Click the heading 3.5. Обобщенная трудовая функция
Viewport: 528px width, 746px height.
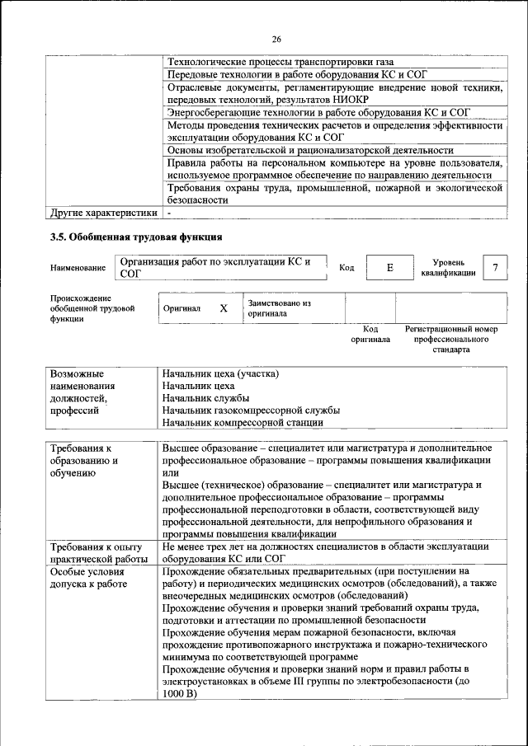(136, 238)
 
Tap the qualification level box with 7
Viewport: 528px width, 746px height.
(494, 268)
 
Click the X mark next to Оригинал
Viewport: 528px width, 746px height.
(223, 308)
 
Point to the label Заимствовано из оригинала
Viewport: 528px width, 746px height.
(279, 308)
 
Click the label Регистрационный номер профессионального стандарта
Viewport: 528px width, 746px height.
(450, 339)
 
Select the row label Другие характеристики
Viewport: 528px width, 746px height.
(103, 213)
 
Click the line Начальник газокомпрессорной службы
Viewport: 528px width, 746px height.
(251, 410)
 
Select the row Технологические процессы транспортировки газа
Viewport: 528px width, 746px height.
(280, 63)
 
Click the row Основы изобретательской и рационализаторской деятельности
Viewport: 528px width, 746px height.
(310, 150)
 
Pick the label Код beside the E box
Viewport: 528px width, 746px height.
(346, 268)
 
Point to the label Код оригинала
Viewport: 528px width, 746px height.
(370, 333)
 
